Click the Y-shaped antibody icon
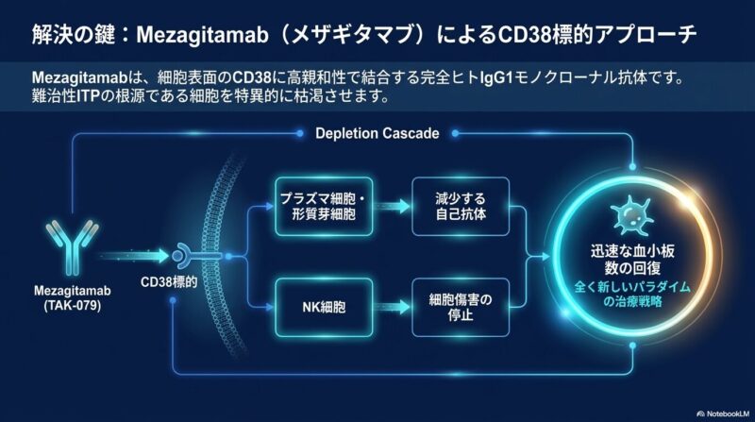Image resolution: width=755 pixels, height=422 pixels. [x=73, y=246]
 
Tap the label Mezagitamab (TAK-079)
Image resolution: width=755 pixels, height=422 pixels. [x=73, y=298]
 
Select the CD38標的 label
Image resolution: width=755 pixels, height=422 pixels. [x=169, y=282]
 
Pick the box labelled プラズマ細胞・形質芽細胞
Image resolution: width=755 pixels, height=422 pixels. [x=324, y=206]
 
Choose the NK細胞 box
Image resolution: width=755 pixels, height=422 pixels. [x=324, y=308]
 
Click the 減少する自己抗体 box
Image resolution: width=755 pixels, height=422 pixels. [x=461, y=206]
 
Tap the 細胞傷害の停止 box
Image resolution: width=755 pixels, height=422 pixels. [x=461, y=308]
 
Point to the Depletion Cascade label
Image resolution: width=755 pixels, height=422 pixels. [x=377, y=133]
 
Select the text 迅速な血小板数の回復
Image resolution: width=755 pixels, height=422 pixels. [x=632, y=260]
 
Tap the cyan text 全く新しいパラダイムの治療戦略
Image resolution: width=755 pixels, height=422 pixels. [x=632, y=295]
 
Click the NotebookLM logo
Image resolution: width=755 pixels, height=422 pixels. [x=723, y=414]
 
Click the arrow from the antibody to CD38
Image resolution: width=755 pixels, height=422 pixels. [x=135, y=256]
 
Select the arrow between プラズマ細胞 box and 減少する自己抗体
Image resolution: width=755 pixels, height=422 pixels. [x=393, y=207]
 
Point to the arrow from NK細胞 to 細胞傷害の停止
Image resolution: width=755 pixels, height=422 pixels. [x=393, y=308]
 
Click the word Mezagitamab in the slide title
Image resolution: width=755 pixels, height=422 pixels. [x=202, y=35]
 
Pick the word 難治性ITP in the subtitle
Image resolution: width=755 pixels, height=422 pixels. [x=65, y=95]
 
